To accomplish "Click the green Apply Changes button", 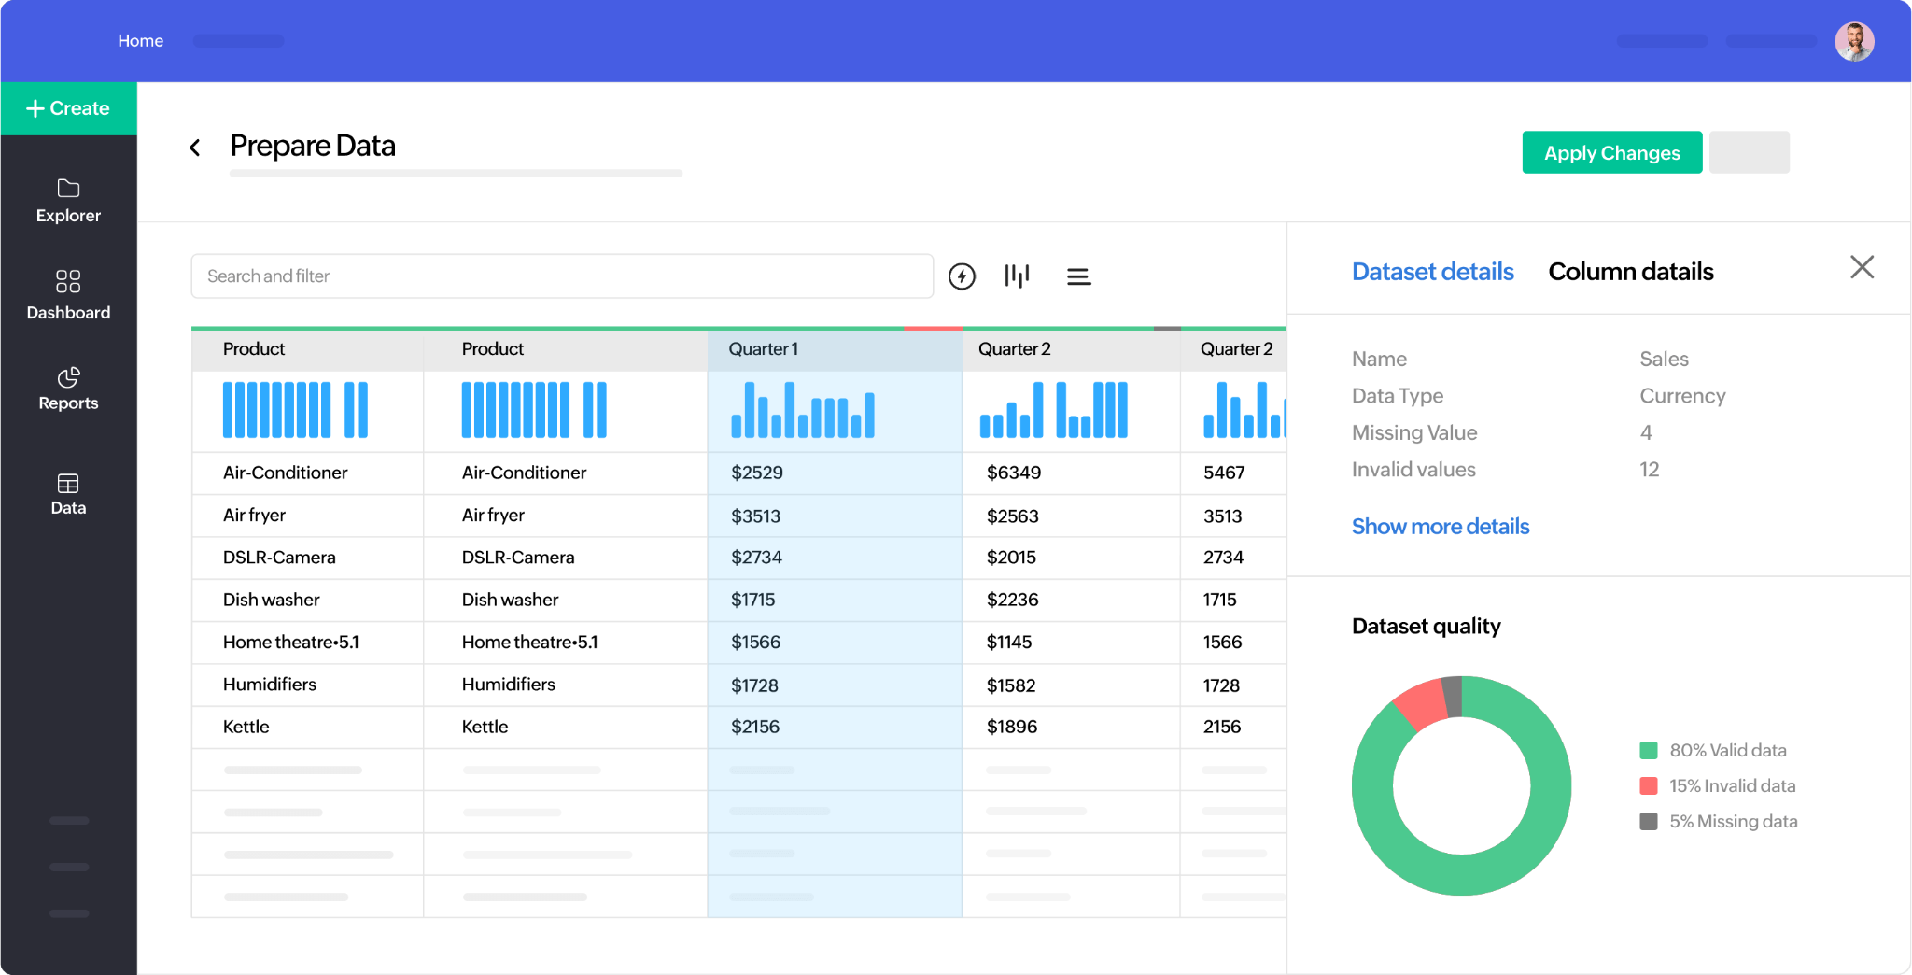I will point(1611,153).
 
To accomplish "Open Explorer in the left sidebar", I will point(68,200).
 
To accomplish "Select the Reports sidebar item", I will point(68,389).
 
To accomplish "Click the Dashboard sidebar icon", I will point(68,282).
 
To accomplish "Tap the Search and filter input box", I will point(561,276).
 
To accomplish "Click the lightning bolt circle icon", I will point(962,276).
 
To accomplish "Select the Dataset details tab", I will point(1432,272).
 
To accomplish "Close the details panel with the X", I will point(1862,268).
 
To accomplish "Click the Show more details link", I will point(1440,527).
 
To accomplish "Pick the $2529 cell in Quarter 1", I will point(757,473).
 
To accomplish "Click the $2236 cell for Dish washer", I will point(1012,600).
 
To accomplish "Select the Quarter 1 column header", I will point(764,349).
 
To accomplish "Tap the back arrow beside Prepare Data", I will point(195,148).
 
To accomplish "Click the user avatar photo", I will point(1854,42).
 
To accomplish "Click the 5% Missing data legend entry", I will point(1732,822).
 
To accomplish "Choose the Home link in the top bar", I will point(140,41).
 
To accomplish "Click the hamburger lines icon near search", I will point(1078,276).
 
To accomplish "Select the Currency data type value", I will point(1682,396).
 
